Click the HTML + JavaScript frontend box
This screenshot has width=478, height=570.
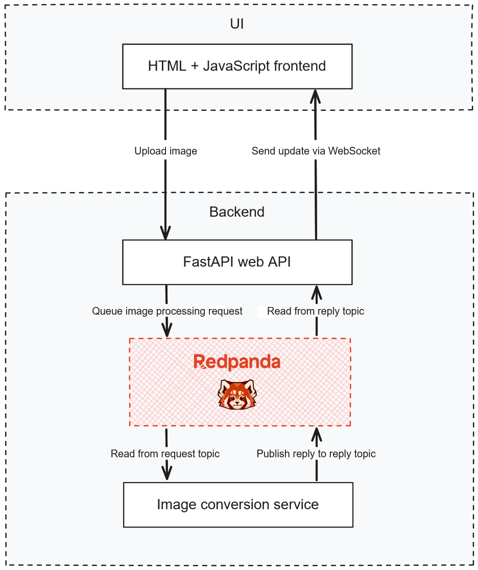(237, 66)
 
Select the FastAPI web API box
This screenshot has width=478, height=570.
(237, 262)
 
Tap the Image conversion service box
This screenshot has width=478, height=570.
(238, 505)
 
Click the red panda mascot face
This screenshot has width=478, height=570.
(237, 394)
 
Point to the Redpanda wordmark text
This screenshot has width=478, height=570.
(237, 362)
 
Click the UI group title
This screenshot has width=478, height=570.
(237, 24)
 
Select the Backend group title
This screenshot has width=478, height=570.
(237, 212)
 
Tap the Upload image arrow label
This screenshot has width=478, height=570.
(165, 151)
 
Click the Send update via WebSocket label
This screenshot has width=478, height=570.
(316, 151)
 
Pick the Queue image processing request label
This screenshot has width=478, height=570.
(167, 311)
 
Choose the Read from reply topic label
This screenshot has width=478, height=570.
(316, 311)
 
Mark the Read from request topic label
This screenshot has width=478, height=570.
(165, 454)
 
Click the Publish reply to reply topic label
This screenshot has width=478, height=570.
(316, 454)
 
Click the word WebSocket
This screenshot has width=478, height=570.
(354, 151)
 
